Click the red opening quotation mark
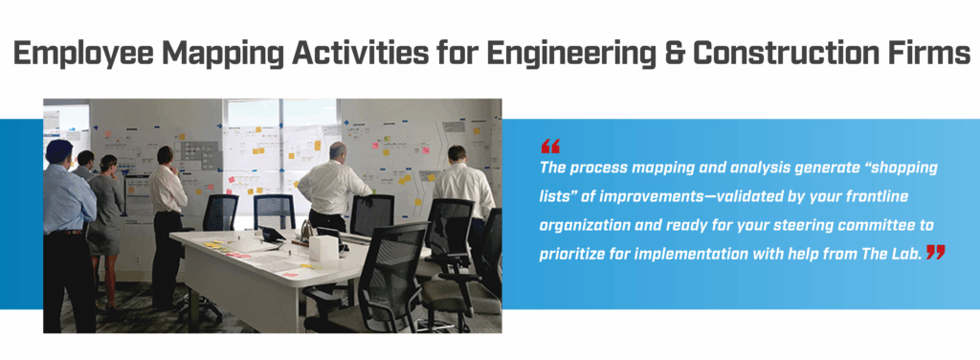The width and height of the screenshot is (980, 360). tap(550, 146)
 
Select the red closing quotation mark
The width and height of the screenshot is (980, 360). tap(935, 252)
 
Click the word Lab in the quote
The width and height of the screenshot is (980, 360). tap(904, 254)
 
